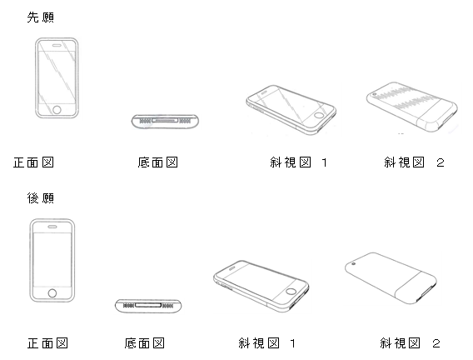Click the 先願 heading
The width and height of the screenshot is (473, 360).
[41, 17]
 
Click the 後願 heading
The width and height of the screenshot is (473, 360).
[41, 198]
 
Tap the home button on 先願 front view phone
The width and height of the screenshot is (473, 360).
[57, 109]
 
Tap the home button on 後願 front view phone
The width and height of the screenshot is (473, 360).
[52, 293]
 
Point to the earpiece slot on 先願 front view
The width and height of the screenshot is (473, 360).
[57, 46]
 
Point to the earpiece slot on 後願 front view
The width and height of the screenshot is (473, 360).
[52, 227]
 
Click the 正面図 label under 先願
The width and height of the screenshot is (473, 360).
[33, 162]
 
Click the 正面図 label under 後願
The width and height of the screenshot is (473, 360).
[47, 343]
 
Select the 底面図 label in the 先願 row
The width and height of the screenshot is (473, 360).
[157, 162]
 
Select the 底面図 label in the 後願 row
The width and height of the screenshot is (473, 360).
[145, 343]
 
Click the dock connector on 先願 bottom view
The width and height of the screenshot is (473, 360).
[165, 121]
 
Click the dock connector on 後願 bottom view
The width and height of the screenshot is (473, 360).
[148, 305]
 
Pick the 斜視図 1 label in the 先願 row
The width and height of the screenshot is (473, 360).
[299, 162]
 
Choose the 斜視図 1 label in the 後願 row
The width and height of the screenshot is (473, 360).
[267, 343]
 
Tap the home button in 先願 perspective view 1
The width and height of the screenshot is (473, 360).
[318, 115]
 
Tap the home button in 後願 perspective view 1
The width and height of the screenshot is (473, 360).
[291, 291]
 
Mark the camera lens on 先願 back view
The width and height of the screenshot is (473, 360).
[375, 94]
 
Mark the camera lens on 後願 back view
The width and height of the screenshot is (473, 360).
[354, 264]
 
